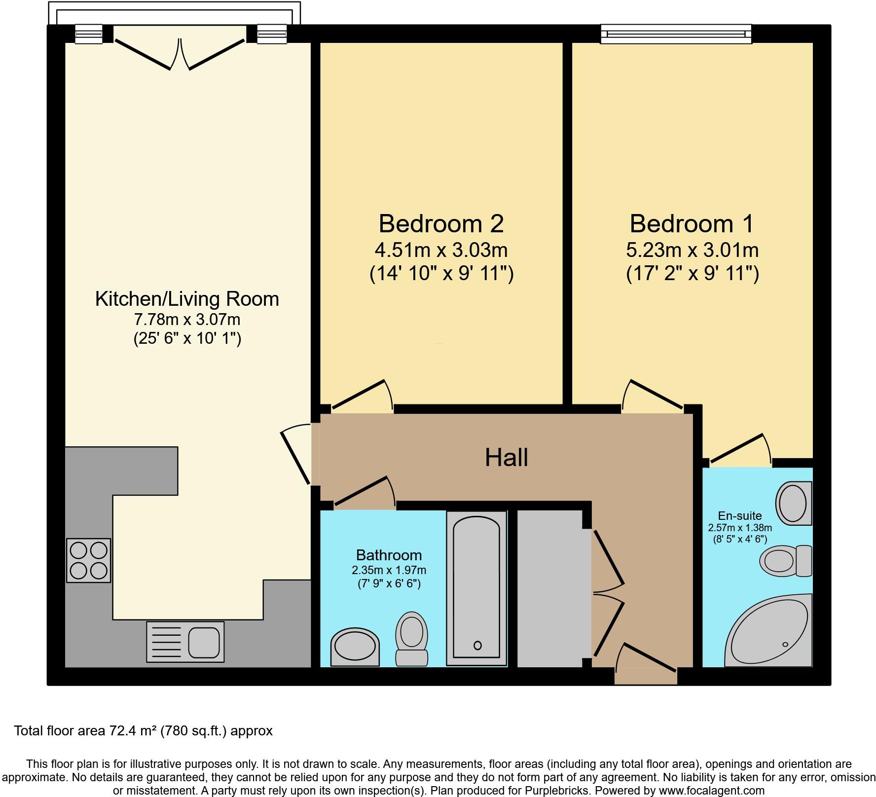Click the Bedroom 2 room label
[441, 224]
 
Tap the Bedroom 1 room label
[692, 224]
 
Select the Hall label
[506, 458]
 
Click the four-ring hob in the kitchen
[89, 560]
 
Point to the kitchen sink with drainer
[185, 642]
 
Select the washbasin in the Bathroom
[355, 647]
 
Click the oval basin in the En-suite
[793, 504]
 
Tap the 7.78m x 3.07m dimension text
[187, 320]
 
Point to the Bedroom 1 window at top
[676, 34]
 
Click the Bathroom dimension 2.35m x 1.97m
[389, 570]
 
